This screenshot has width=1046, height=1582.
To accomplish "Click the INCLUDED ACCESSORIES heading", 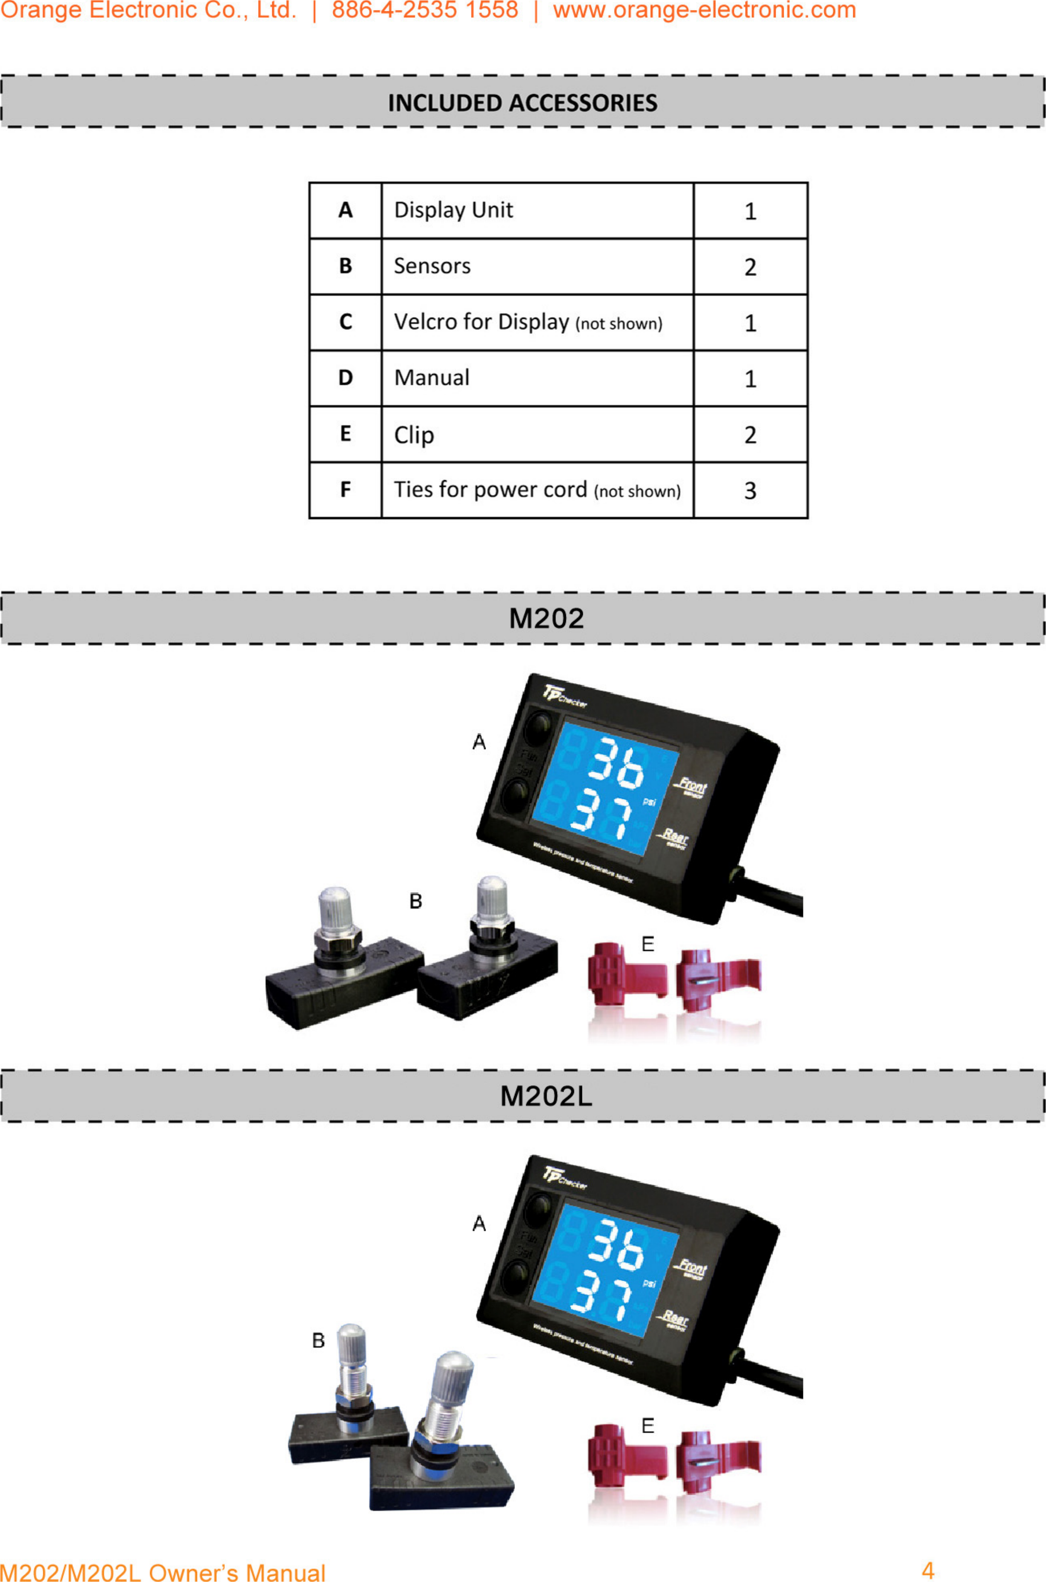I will tap(522, 103).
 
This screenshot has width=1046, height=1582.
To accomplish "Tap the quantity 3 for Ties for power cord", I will tap(750, 491).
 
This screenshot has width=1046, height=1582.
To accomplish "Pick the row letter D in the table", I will tap(345, 378).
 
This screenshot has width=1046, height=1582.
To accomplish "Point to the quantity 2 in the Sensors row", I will tap(750, 267).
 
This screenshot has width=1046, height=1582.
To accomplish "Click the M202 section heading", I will tap(546, 618).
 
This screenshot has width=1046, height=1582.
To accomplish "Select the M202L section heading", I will tap(546, 1096).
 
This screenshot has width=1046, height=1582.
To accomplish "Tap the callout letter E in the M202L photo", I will tap(647, 1426).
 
